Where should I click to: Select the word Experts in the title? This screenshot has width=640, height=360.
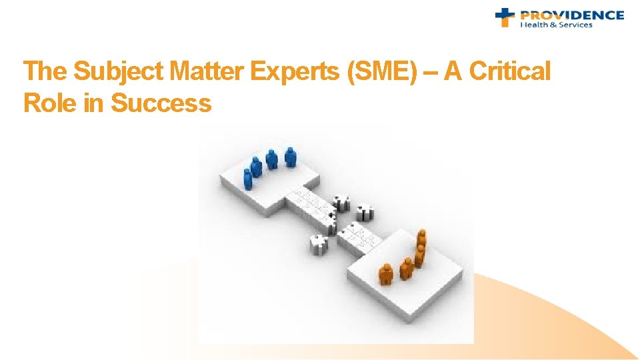point(294,71)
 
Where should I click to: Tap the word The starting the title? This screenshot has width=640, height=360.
point(44,71)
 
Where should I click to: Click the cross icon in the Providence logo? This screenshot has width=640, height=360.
point(505,17)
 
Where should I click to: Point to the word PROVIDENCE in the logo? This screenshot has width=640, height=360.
point(572,15)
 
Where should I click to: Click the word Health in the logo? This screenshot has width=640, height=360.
point(533,25)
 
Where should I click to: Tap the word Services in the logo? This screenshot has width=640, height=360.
point(574,25)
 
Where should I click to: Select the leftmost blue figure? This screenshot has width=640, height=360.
point(248,179)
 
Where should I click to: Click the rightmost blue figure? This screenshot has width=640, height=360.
point(290,157)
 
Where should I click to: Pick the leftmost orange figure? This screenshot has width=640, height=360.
point(385,273)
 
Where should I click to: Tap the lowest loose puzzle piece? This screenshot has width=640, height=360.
point(319,245)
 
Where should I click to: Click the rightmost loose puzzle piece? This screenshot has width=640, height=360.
point(365,213)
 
